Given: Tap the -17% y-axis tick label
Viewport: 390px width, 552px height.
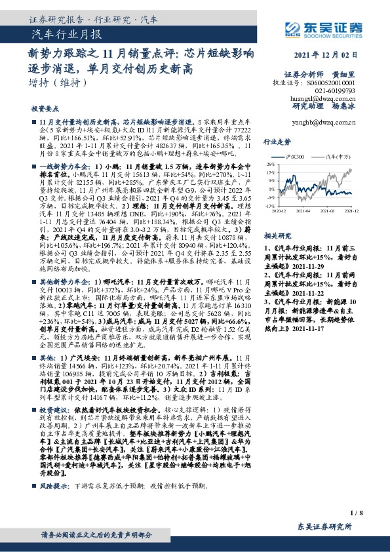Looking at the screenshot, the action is tap(270, 205).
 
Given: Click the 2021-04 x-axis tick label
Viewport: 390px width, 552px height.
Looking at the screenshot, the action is tap(307, 211).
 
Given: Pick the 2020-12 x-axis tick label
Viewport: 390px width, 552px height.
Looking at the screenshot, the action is tap(280, 211).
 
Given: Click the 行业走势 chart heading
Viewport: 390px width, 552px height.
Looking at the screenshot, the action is tap(277, 141).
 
